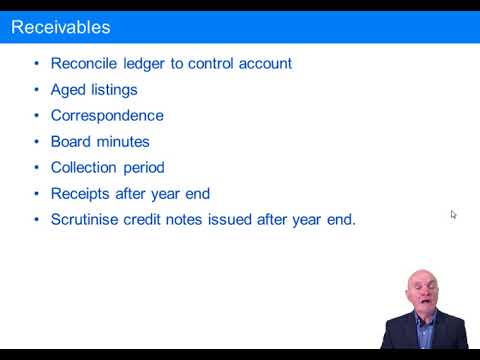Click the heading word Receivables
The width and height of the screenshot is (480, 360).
61,27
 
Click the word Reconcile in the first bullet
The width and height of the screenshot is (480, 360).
86,63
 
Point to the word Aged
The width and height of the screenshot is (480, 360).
68,89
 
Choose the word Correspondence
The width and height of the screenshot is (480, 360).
107,115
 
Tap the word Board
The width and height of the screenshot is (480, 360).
72,141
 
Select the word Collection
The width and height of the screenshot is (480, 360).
85,167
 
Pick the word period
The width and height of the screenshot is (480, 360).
144,168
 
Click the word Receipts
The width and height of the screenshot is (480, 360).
82,193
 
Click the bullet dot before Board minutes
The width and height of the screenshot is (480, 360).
37,142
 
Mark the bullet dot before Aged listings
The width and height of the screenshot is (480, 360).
37,90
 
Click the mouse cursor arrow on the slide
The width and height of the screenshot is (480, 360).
453,214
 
